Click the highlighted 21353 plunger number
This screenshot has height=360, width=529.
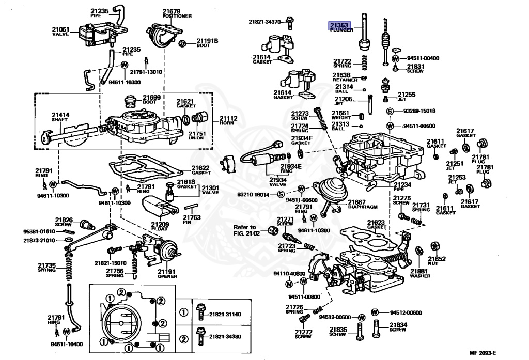[x=340, y=24]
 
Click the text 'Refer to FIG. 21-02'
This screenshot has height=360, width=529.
[x=244, y=230]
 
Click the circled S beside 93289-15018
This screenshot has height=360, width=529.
[x=391, y=112]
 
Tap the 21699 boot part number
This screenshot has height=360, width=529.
[x=152, y=97]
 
